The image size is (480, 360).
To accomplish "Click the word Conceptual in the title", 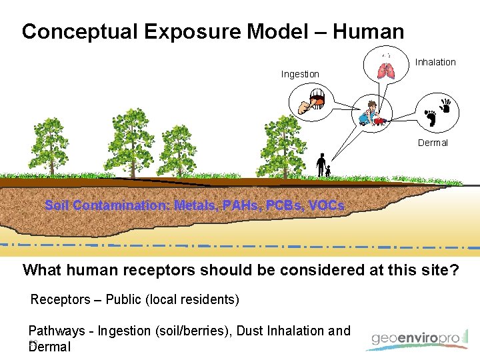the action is [81, 31].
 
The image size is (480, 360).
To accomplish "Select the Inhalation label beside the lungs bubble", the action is [435, 62].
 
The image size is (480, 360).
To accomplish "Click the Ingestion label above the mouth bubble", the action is [300, 74].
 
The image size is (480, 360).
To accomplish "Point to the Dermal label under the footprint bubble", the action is [433, 143].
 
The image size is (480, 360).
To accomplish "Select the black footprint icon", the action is [431, 118].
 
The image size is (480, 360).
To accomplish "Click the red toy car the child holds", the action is [380, 121].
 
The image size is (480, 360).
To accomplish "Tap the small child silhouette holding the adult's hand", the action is [328, 171].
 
